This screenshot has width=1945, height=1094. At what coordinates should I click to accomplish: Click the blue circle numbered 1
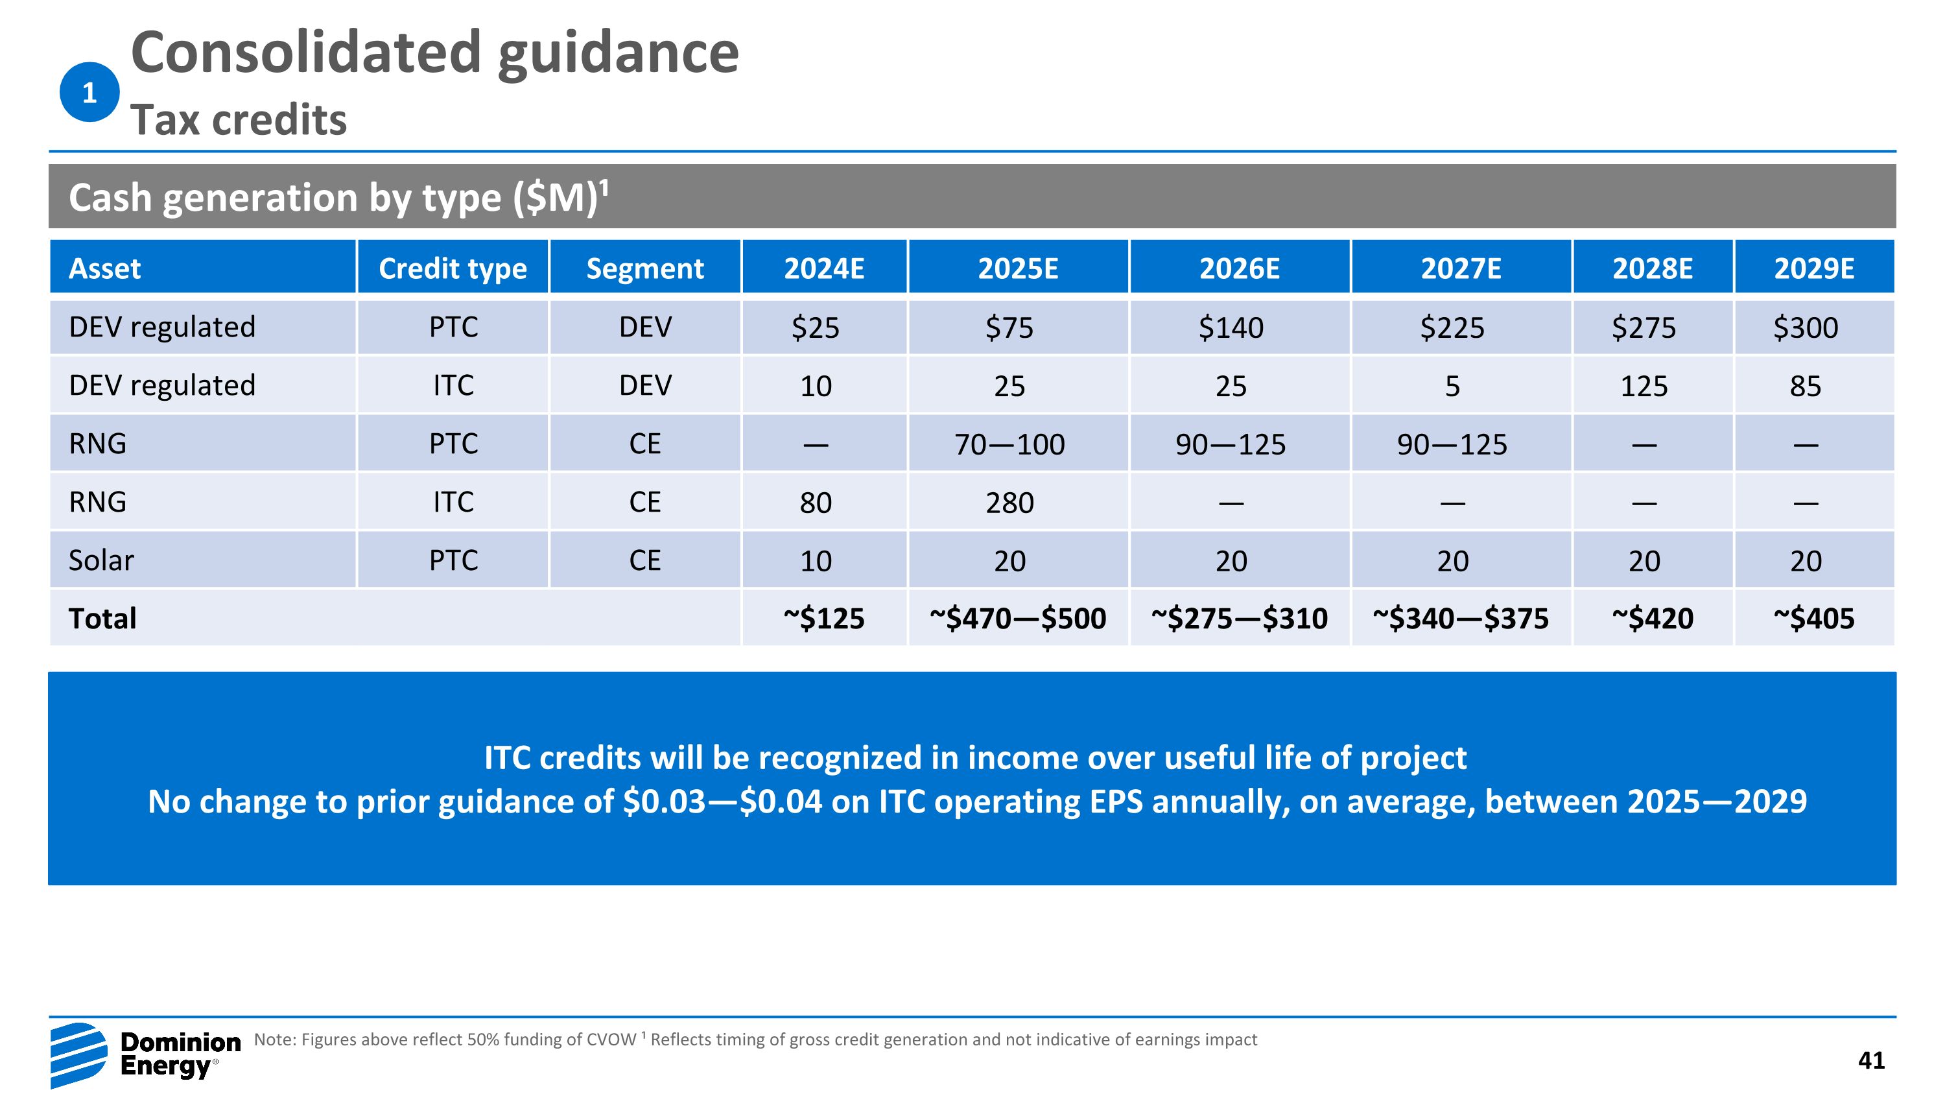(x=89, y=92)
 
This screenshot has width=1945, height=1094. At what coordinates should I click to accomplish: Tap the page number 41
(x=1871, y=1061)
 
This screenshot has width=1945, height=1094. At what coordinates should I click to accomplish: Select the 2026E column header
(x=1239, y=268)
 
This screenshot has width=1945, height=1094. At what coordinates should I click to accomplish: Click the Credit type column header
(x=453, y=268)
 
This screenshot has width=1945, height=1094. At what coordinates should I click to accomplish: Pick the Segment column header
(x=645, y=268)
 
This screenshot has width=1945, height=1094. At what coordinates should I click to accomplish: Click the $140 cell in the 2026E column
(x=1231, y=327)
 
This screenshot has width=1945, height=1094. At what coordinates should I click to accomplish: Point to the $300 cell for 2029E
(x=1806, y=327)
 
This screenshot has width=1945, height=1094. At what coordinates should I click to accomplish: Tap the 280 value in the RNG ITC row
(x=1009, y=503)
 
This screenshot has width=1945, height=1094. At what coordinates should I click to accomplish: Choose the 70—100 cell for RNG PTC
(x=1009, y=445)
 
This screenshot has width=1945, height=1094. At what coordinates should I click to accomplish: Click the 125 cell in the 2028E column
(x=1644, y=386)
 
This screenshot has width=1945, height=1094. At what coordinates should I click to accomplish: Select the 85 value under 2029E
(x=1806, y=386)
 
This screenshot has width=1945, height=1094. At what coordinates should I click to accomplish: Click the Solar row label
(x=101, y=560)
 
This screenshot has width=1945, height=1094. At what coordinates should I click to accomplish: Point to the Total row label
(x=102, y=619)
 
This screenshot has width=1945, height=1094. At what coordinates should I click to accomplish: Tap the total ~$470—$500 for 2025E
(x=1017, y=619)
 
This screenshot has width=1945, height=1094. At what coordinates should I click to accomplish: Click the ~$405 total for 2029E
(x=1813, y=619)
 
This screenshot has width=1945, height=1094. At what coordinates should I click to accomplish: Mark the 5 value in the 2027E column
(x=1452, y=386)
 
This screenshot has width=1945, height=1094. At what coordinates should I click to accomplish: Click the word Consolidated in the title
(x=306, y=53)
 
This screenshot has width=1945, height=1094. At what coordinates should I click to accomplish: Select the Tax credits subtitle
(x=239, y=119)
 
